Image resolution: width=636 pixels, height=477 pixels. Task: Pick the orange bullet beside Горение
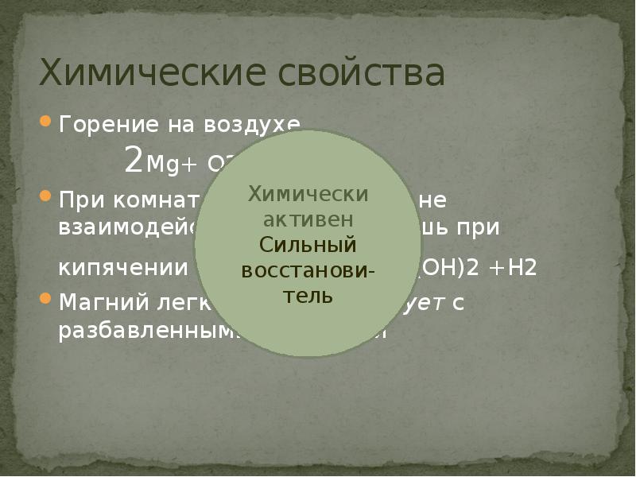46,123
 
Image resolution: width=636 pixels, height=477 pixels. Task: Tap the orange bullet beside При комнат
46,196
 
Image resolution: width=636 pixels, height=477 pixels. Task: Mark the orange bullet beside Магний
46,300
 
